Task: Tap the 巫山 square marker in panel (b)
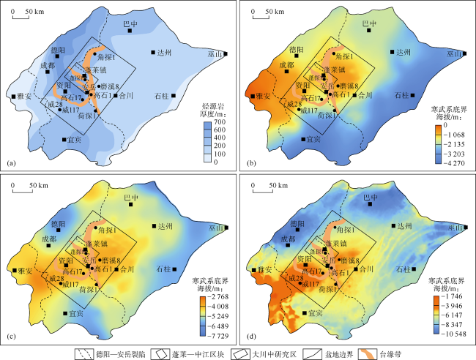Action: tap(466, 53)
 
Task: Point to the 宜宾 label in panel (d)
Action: tap(315, 313)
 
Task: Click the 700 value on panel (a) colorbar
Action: tap(217, 125)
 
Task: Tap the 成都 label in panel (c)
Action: tap(49, 238)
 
